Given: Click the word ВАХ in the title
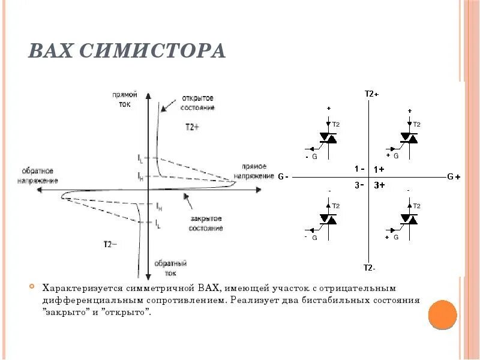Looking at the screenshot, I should tap(52, 51).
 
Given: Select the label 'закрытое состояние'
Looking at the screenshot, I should tap(206, 223).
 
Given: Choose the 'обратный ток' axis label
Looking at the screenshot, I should tap(170, 268).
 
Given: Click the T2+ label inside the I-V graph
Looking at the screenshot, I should tap(193, 127).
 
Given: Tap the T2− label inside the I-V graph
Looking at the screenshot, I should tap(110, 244).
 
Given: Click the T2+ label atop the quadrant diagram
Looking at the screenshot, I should tap(371, 94).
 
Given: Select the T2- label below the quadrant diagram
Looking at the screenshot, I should tap(370, 267).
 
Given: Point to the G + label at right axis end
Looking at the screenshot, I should tap(454, 177).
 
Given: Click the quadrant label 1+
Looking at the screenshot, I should tap(379, 169).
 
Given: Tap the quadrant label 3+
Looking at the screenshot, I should tap(379, 185).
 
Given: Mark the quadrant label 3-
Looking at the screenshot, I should tap(359, 185).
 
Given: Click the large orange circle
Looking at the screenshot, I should tap(443, 314).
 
